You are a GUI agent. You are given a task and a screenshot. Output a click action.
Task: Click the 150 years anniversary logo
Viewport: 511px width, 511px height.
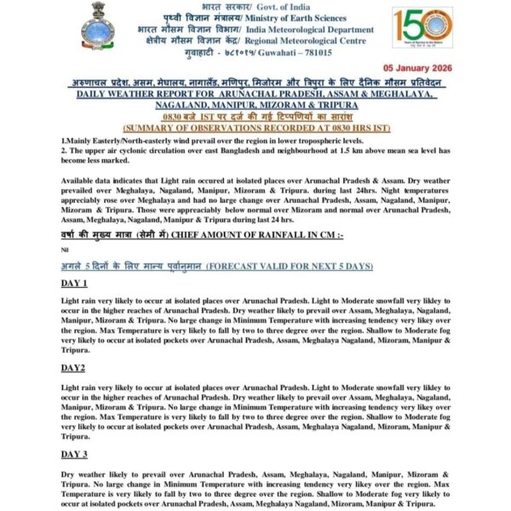[x=422, y=29]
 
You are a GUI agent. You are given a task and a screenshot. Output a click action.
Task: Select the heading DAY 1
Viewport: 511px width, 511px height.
[x=74, y=283]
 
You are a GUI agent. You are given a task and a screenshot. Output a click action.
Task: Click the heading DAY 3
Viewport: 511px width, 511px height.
[x=74, y=454]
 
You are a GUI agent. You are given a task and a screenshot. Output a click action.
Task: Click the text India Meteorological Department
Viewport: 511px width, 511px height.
[x=309, y=28]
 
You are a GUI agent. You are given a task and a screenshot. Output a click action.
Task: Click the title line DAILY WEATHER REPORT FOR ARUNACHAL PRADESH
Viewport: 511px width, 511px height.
[x=255, y=94]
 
